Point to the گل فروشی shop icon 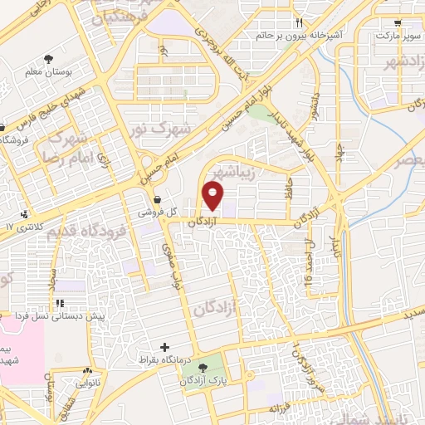157,198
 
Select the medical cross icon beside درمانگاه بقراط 164,347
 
